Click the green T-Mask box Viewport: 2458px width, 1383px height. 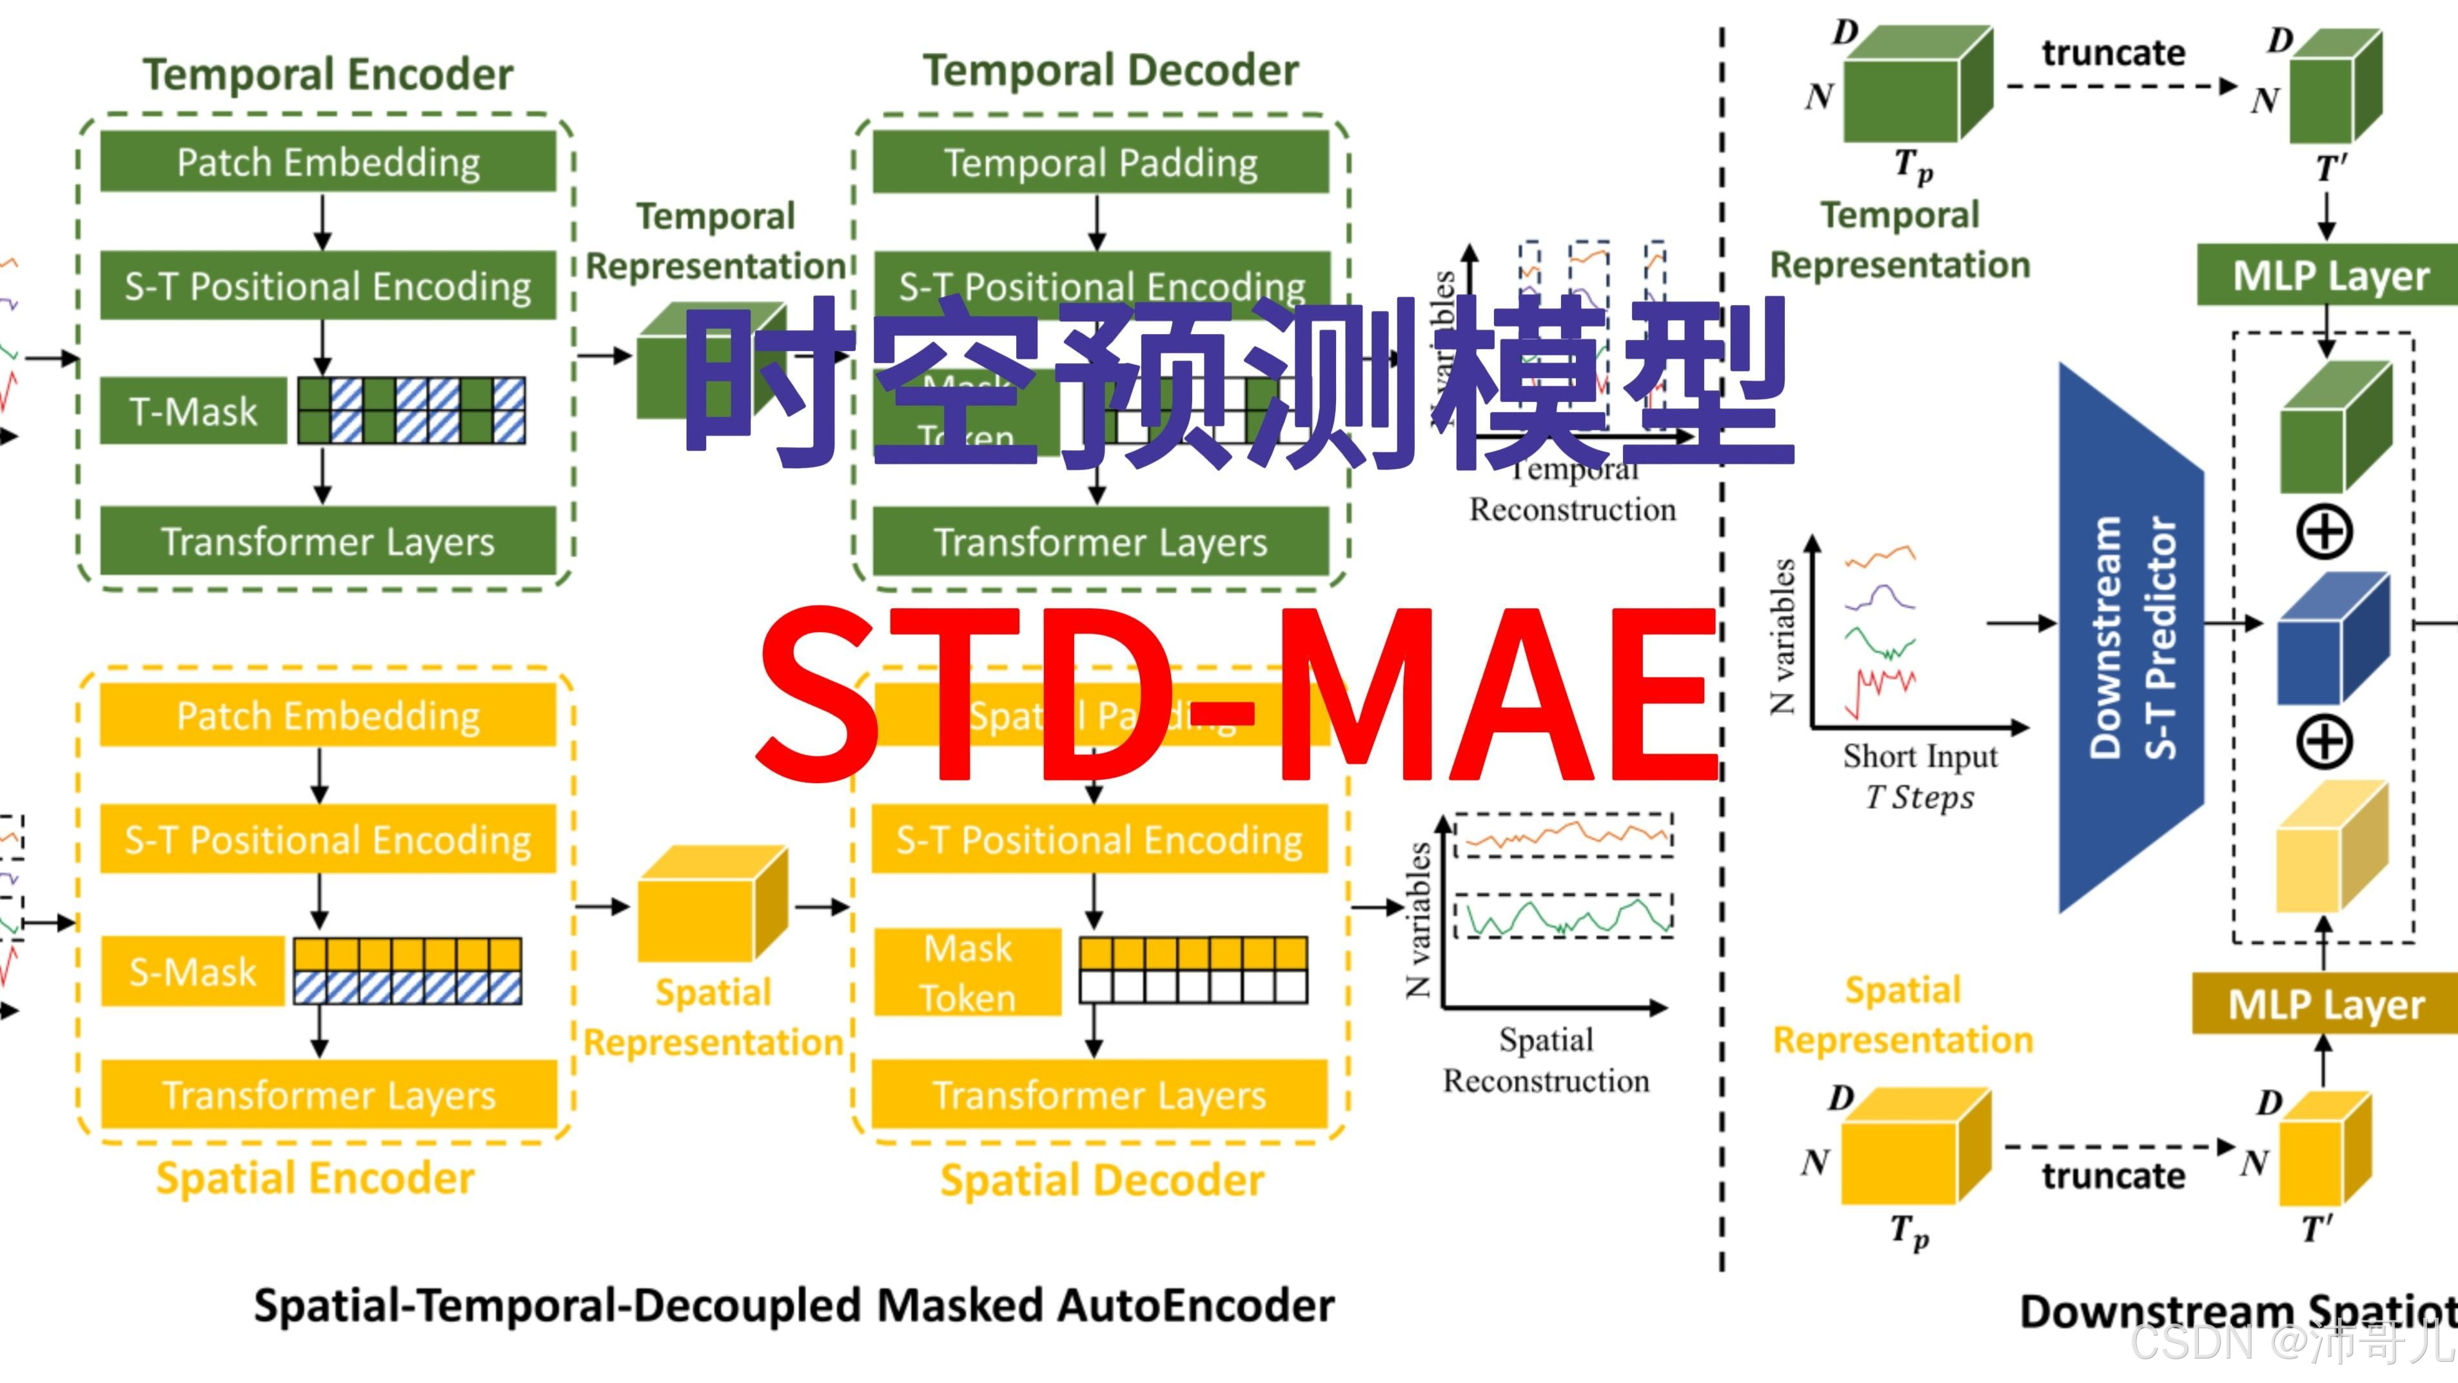pos(193,412)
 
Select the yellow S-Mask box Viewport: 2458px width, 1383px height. pos(193,971)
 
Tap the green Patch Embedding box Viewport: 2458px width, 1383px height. pos(328,163)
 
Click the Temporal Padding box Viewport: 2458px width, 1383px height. pos(1100,163)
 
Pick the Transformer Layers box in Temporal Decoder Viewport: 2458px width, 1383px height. pos(1100,541)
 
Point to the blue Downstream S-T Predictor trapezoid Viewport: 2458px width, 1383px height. pos(2130,637)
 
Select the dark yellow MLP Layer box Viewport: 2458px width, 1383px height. pos(2325,1004)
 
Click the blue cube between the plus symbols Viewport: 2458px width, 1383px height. pos(2331,637)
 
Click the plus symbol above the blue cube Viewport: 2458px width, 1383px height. pos(2323,532)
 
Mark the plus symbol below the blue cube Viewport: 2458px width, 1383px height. pos(2323,742)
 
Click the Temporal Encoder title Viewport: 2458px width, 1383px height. pos(328,74)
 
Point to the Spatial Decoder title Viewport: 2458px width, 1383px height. pos(1102,1180)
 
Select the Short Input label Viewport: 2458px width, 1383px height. pos(1920,756)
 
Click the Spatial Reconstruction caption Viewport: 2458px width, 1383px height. pos(1546,1059)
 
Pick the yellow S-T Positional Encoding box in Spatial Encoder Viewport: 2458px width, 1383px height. pos(328,839)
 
